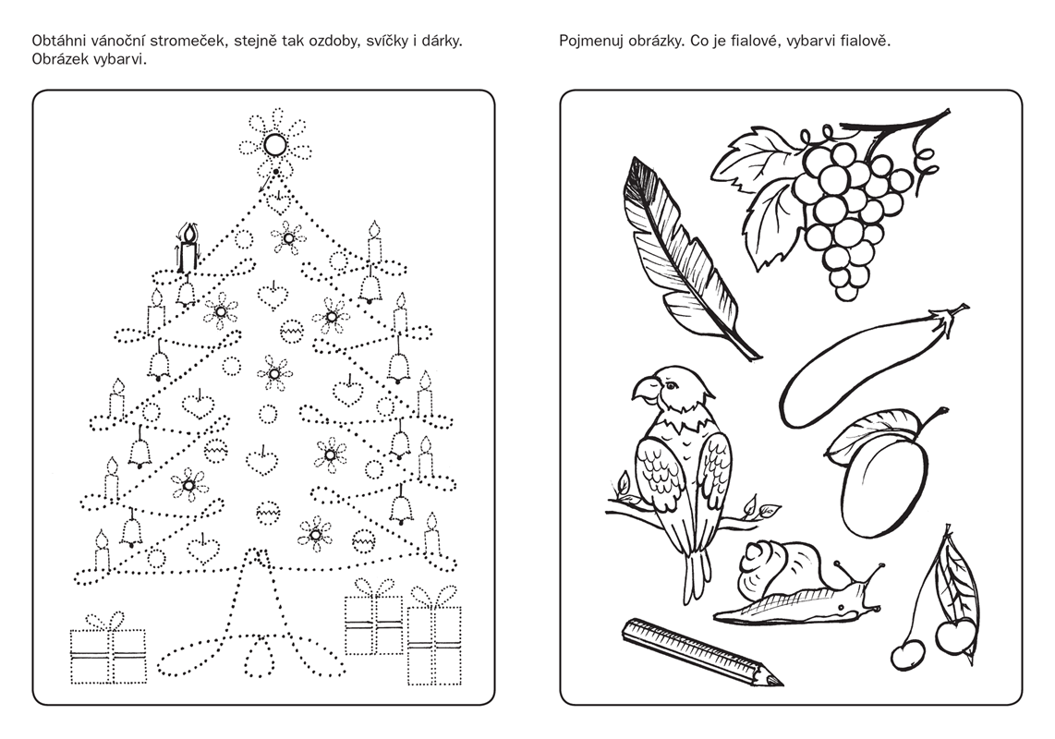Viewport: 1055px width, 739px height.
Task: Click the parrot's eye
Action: coord(670,385)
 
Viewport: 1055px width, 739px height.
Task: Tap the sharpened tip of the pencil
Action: coord(777,681)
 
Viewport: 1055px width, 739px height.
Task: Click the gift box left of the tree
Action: coord(108,646)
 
